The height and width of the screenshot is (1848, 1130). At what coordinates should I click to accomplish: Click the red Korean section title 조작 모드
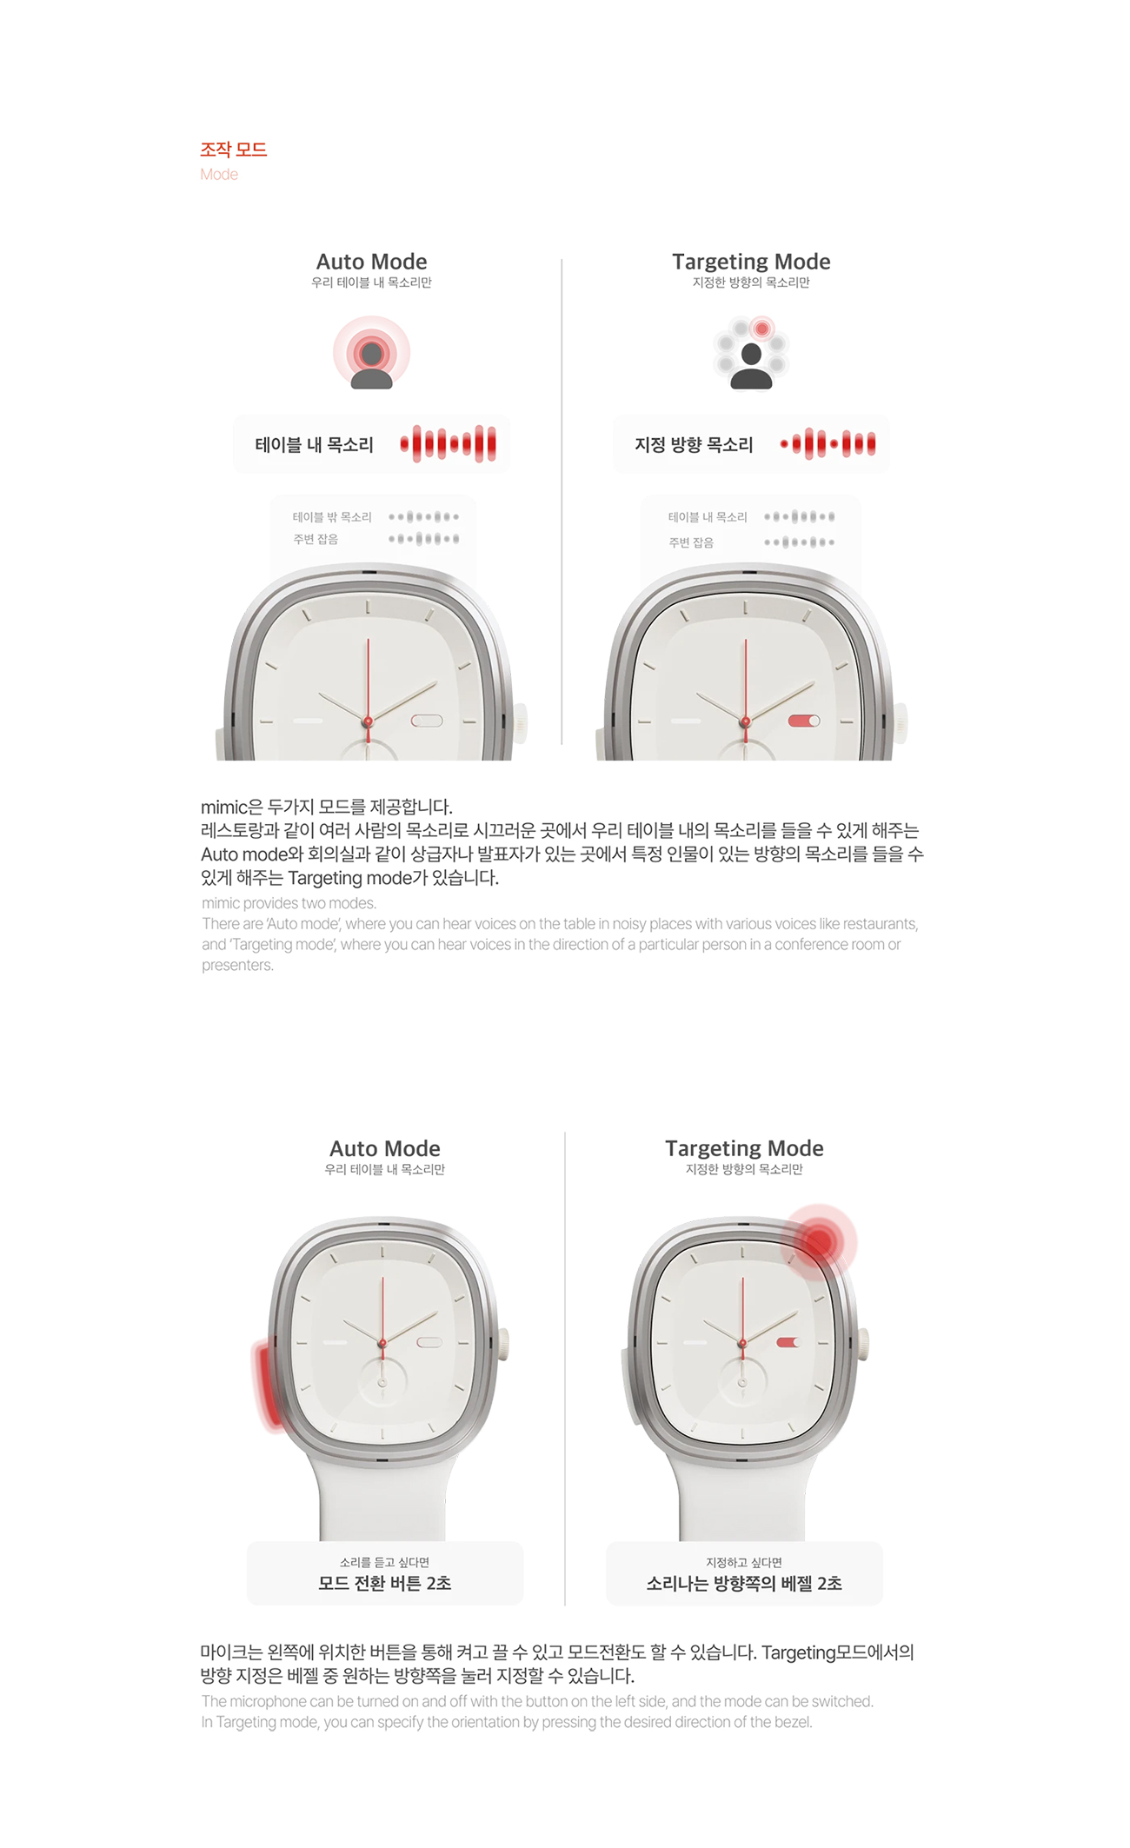[x=233, y=150]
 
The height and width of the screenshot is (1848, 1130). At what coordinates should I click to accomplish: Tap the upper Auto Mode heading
[x=371, y=262]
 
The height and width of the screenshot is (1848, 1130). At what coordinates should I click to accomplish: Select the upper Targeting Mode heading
[x=751, y=262]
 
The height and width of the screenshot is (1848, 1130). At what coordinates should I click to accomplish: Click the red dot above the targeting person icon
[x=762, y=329]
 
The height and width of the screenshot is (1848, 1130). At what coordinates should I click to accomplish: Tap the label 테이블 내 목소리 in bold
[x=314, y=445]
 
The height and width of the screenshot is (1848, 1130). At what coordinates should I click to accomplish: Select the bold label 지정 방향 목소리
[x=694, y=445]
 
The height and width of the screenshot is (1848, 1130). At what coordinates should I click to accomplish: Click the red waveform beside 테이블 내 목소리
[x=449, y=444]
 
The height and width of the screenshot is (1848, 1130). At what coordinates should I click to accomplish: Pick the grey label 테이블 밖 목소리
[x=332, y=517]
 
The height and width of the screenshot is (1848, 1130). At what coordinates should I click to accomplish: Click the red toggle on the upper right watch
[x=804, y=721]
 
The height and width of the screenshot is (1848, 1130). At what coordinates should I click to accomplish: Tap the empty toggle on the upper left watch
[x=427, y=721]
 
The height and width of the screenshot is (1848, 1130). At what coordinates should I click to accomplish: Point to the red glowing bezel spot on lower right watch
[x=818, y=1241]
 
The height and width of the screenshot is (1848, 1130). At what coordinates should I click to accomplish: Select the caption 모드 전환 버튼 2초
[x=385, y=1583]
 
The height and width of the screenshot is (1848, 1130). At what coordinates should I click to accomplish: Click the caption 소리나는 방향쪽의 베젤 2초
[x=744, y=1583]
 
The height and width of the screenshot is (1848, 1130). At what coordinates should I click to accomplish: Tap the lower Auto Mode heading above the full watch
[x=385, y=1148]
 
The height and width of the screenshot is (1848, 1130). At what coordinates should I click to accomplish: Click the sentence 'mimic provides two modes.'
[x=289, y=903]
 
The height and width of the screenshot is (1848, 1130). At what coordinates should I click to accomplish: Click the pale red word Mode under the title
[x=219, y=175]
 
